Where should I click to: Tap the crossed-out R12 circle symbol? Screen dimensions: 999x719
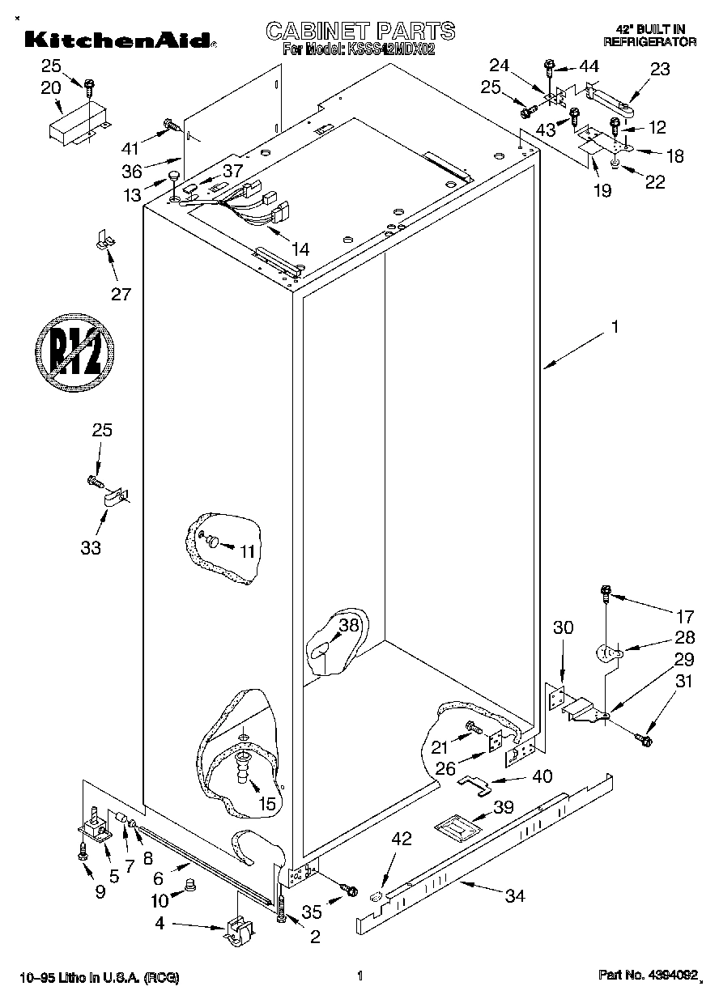(74, 350)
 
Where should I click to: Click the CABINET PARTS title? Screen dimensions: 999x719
(360, 31)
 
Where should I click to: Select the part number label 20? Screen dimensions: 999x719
(50, 87)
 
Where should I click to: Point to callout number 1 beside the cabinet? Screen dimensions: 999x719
(615, 327)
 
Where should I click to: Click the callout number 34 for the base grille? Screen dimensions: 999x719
(515, 895)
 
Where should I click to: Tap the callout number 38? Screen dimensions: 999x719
(348, 625)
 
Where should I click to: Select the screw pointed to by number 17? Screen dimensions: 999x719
(605, 595)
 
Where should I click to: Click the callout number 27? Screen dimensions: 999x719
(121, 294)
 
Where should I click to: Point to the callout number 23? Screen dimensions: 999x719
(660, 70)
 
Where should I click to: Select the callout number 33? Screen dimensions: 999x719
(91, 548)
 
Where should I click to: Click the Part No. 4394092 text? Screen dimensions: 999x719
(647, 976)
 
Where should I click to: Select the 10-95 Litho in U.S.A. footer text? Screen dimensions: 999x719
(96, 977)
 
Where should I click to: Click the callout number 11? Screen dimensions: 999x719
(247, 551)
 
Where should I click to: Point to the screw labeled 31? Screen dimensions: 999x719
(644, 738)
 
